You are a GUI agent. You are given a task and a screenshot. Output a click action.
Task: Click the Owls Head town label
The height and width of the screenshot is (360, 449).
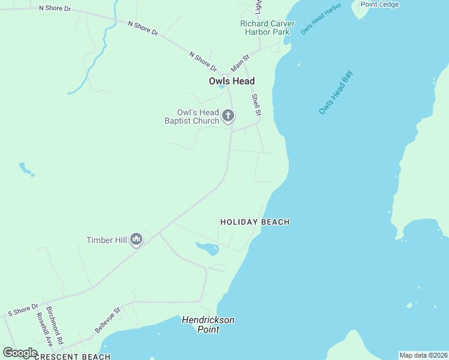pyautogui.click(x=232, y=81)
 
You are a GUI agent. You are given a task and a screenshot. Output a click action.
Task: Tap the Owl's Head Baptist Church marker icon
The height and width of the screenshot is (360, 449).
pyautogui.click(x=228, y=115)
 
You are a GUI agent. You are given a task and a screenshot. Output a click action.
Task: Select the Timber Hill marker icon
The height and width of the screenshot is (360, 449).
pyautogui.click(x=136, y=240)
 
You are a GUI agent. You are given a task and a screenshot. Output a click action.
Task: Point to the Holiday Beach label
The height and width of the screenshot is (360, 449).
pyautogui.click(x=255, y=222)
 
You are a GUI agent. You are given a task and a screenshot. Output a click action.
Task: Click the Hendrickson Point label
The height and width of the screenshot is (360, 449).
pyautogui.click(x=208, y=325)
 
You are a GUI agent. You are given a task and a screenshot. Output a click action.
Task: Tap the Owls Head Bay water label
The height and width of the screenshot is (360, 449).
pyautogui.click(x=336, y=93)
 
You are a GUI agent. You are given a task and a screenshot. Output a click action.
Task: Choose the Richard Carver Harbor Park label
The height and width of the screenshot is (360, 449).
pyautogui.click(x=268, y=28)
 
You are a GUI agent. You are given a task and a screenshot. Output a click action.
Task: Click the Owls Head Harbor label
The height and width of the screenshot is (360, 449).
pyautogui.click(x=321, y=18)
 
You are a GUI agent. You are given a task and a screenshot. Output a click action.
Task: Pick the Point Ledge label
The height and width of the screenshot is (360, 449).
pyautogui.click(x=379, y=4)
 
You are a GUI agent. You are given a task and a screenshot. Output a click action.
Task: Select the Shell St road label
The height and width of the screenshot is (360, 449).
pyautogui.click(x=256, y=105)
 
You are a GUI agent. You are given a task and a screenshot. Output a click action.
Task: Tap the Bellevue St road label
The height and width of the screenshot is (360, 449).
pyautogui.click(x=108, y=320)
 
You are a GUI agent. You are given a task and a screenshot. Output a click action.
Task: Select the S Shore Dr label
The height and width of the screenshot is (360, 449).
pyautogui.click(x=23, y=310)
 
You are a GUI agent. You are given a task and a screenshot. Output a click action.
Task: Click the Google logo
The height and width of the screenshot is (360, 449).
pyautogui.click(x=20, y=352)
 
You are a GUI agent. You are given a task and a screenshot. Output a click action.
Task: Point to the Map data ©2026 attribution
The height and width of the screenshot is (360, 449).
pyautogui.click(x=423, y=355)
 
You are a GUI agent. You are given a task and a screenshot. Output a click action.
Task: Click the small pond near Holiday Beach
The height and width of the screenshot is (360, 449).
pyautogui.click(x=207, y=248)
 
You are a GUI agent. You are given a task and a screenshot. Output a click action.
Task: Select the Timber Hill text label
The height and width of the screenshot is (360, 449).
pyautogui.click(x=106, y=240)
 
